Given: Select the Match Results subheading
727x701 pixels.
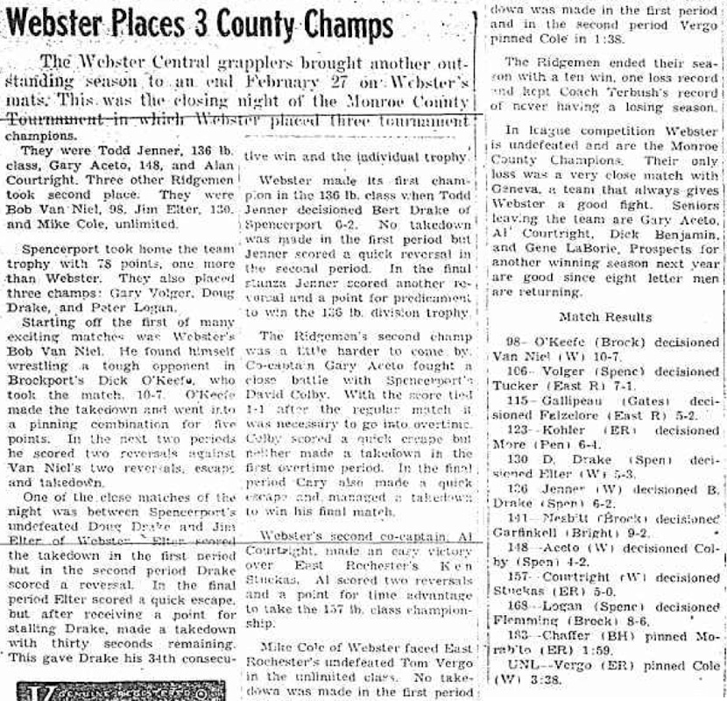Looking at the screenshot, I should tap(604, 316).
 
